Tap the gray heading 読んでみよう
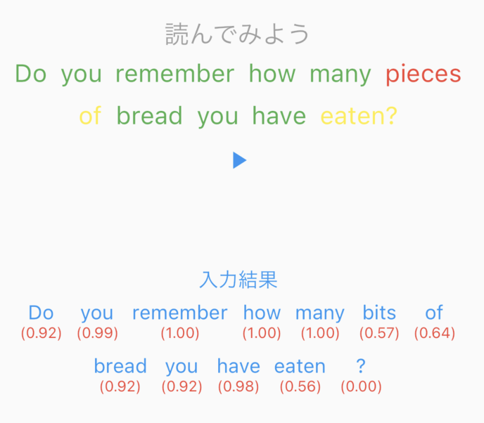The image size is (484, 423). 238,34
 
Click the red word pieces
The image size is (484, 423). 423,74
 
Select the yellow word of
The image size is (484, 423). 90,116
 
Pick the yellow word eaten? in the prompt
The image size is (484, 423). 359,116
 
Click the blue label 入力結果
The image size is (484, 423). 238,280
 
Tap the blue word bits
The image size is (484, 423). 379,313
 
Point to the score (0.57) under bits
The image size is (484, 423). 379,333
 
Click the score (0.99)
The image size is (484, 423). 97,333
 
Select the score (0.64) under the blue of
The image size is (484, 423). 434,333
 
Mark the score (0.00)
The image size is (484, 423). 361,386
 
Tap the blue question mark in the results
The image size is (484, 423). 361,366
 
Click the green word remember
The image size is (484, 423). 174,74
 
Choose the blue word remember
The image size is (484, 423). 179,313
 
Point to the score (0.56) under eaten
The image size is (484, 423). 300,386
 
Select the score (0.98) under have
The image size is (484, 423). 238,386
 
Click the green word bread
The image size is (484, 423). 149,116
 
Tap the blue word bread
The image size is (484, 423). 120,366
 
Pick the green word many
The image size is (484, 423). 340,74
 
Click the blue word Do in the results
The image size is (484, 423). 41,313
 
